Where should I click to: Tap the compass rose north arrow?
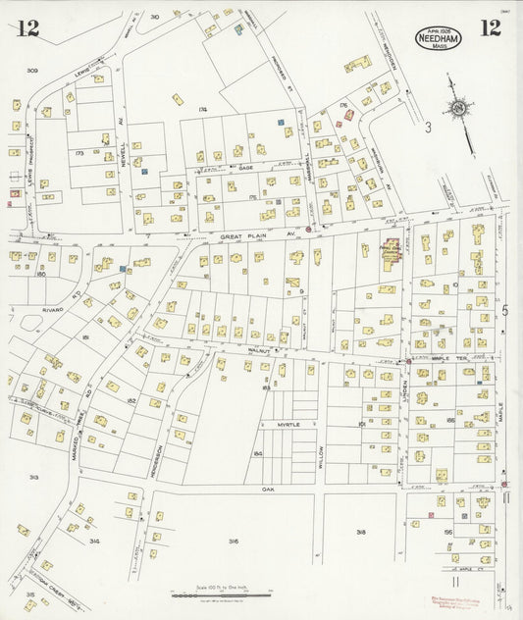coord(459,111)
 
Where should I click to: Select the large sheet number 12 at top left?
coord(27,28)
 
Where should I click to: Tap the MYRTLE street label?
coord(288,424)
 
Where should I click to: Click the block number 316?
coord(234,541)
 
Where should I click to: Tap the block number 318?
coord(360,532)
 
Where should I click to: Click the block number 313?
coord(33,478)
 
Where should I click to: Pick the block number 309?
coord(31,71)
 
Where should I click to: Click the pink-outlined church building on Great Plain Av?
coord(390,248)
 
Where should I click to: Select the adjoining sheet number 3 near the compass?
coord(428,128)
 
